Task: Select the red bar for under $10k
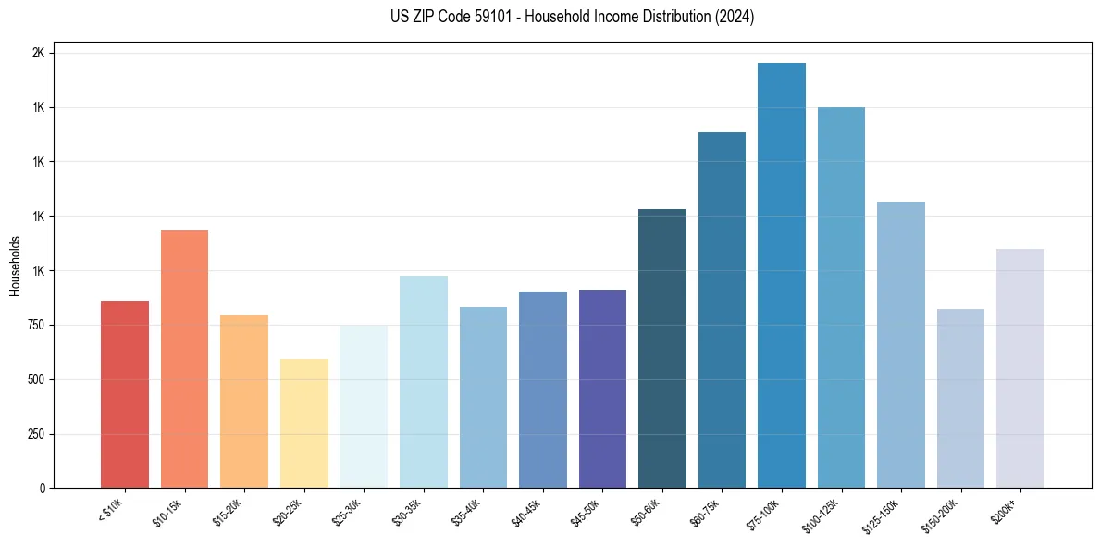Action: pyautogui.click(x=124, y=394)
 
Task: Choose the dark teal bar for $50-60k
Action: pyautogui.click(x=661, y=349)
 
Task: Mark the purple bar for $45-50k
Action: pyautogui.click(x=602, y=389)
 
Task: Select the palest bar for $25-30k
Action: pyautogui.click(x=364, y=406)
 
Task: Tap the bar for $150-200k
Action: pyautogui.click(x=960, y=399)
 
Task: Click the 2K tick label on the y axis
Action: pyautogui.click(x=38, y=54)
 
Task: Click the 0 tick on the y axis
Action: pyautogui.click(x=42, y=489)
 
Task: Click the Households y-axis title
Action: pyautogui.click(x=15, y=266)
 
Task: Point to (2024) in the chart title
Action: pyautogui.click(x=734, y=17)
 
